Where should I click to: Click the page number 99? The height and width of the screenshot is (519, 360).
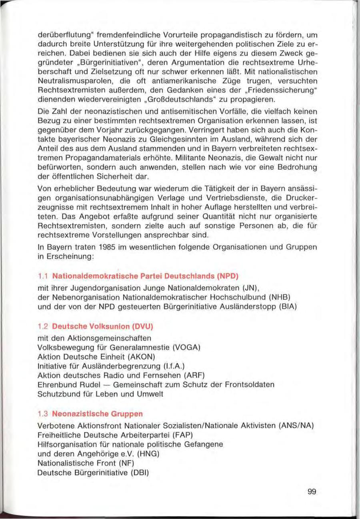pos(312,491)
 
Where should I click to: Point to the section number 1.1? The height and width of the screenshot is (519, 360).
pos(42,276)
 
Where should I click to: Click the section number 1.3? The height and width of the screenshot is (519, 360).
pos(42,413)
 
